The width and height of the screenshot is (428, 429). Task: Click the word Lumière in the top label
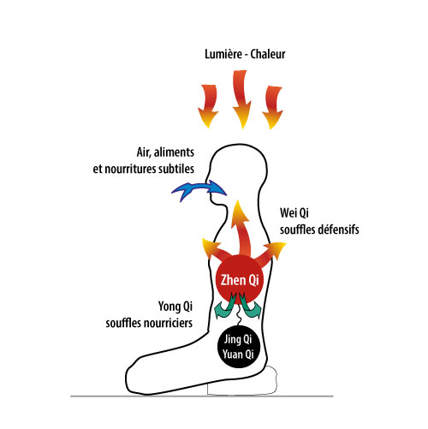point(223,54)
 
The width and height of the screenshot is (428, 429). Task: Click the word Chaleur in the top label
point(268,54)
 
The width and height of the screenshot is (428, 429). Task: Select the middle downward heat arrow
point(241,99)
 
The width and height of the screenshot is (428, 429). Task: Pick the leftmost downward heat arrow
point(209,106)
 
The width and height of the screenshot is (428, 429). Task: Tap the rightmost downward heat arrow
point(272,107)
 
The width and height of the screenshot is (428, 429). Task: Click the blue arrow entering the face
point(199,189)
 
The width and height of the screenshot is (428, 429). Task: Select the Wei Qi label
point(294,213)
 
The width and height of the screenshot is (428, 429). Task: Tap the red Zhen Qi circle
point(240,280)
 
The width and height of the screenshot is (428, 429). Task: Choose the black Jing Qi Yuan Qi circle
point(238,347)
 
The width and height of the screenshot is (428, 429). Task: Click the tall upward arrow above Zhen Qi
point(241,229)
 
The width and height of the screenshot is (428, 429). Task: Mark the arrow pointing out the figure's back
point(271,253)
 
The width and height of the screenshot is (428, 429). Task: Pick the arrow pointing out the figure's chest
point(213,250)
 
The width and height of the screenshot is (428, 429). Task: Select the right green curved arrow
point(250,307)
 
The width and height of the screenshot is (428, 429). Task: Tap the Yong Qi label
point(175,307)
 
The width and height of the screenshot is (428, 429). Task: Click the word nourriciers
point(169,323)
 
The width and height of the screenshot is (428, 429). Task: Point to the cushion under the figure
point(242,381)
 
